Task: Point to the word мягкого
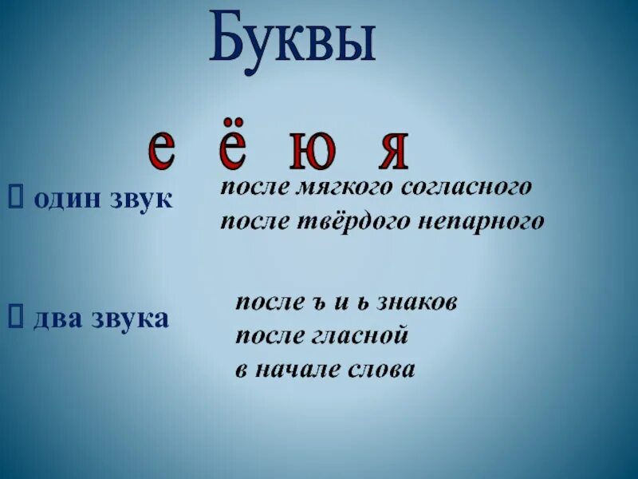339,189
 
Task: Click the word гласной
366,336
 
